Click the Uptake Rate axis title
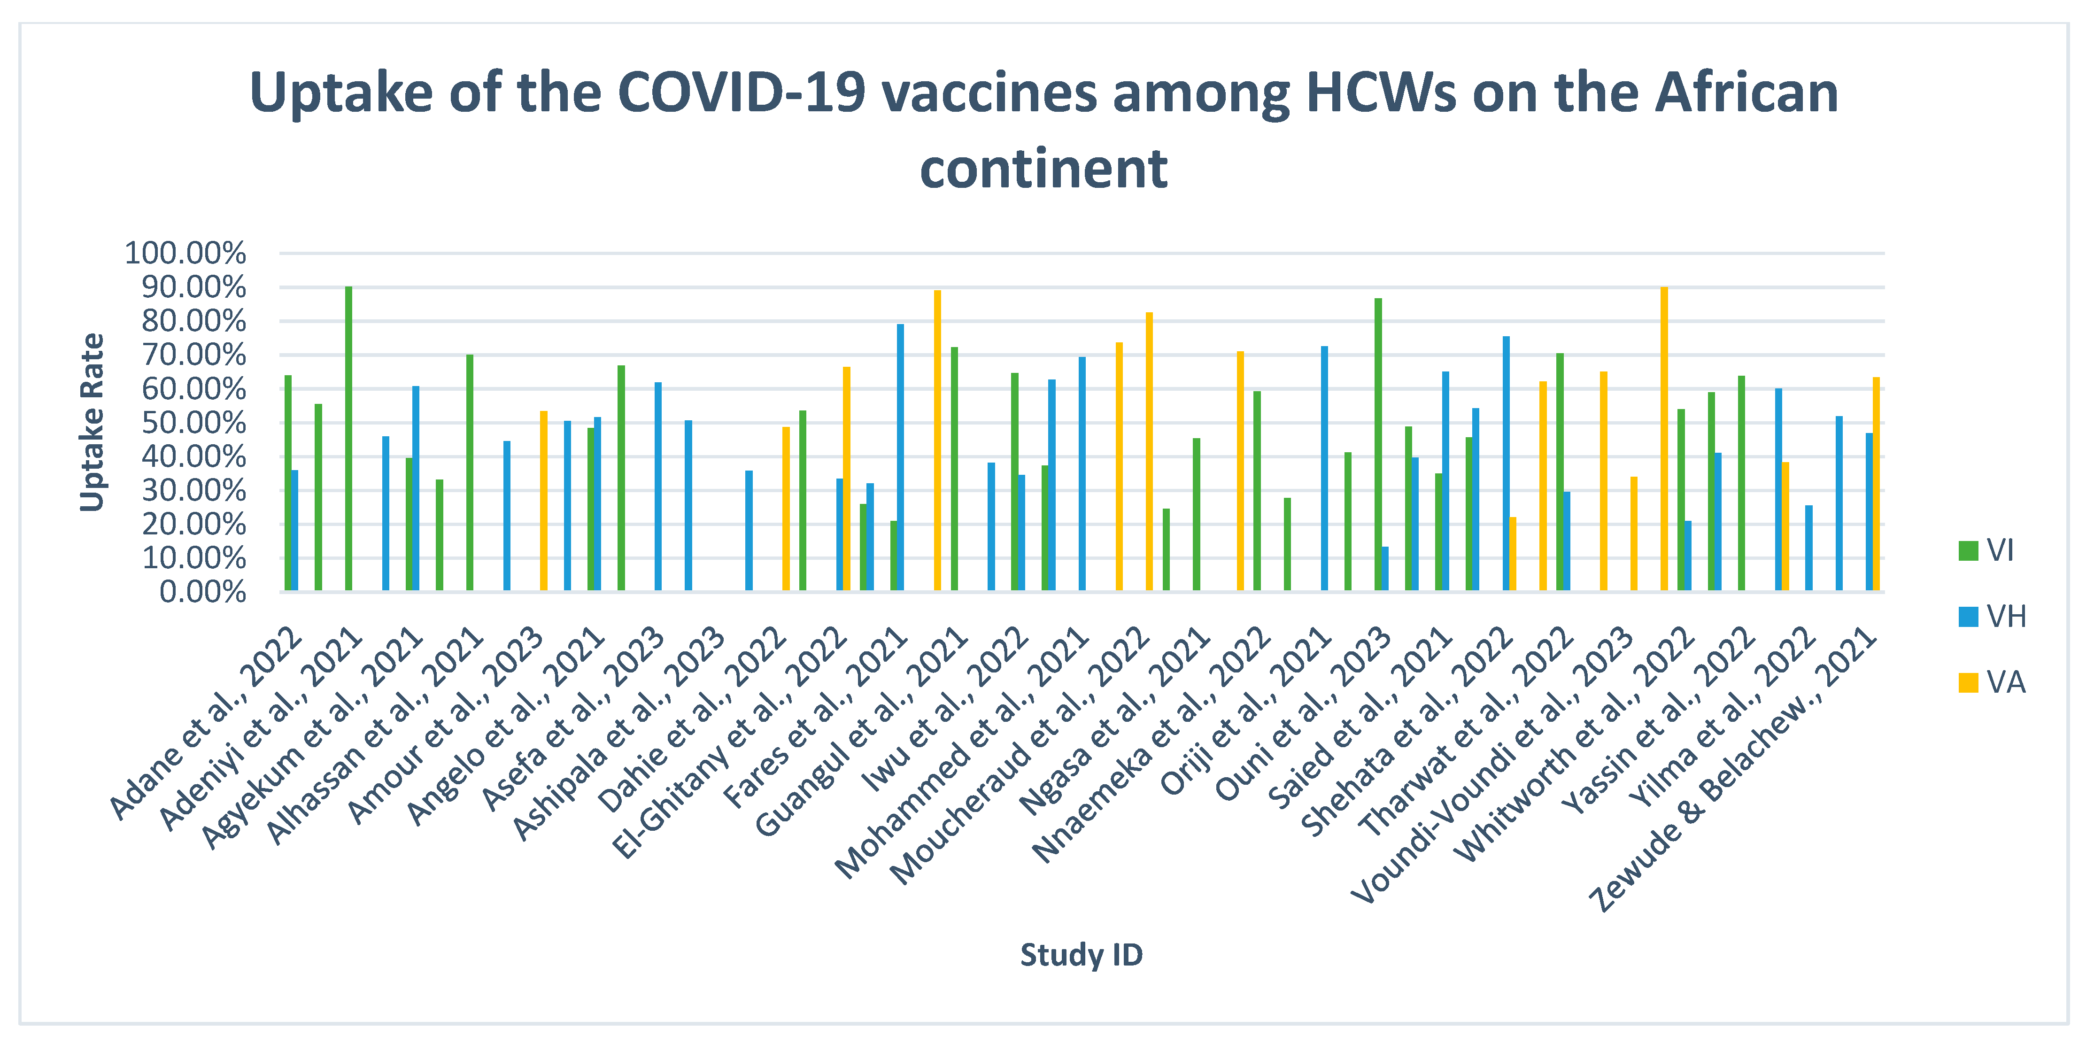(x=92, y=423)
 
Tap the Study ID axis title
(x=1081, y=954)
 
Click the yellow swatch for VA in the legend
(x=1968, y=683)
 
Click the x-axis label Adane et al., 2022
(x=207, y=723)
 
